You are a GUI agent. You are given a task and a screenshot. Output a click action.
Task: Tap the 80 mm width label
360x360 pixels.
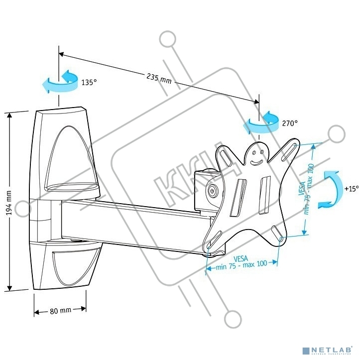tap(60, 311)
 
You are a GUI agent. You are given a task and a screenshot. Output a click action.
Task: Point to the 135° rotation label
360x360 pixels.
tap(89, 83)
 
